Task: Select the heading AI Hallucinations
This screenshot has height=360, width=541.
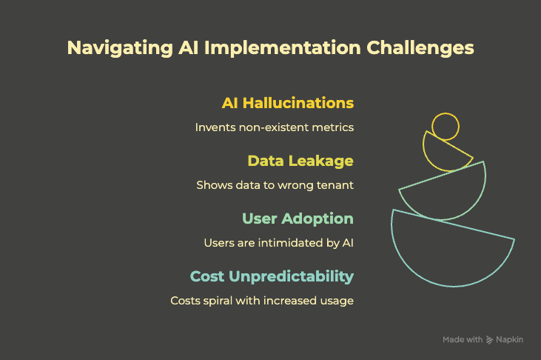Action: [x=288, y=102]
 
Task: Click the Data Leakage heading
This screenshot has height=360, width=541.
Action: [x=300, y=160]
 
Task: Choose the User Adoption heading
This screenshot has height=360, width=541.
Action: [x=298, y=219]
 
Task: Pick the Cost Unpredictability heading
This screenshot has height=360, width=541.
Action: [x=272, y=276]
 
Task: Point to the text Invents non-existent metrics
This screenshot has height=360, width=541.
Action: [x=274, y=127]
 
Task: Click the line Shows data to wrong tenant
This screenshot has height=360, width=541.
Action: [x=275, y=185]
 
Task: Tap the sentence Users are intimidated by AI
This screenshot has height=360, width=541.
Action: [x=278, y=243]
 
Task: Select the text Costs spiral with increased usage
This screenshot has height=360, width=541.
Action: [x=262, y=301]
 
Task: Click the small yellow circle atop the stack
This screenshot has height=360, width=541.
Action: [x=446, y=127]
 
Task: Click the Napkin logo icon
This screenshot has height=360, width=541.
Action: [x=490, y=340]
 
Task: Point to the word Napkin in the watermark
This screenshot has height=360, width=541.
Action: [x=510, y=340]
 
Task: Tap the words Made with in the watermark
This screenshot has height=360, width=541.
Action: [x=463, y=340]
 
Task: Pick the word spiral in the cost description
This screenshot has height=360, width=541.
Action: [x=221, y=301]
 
